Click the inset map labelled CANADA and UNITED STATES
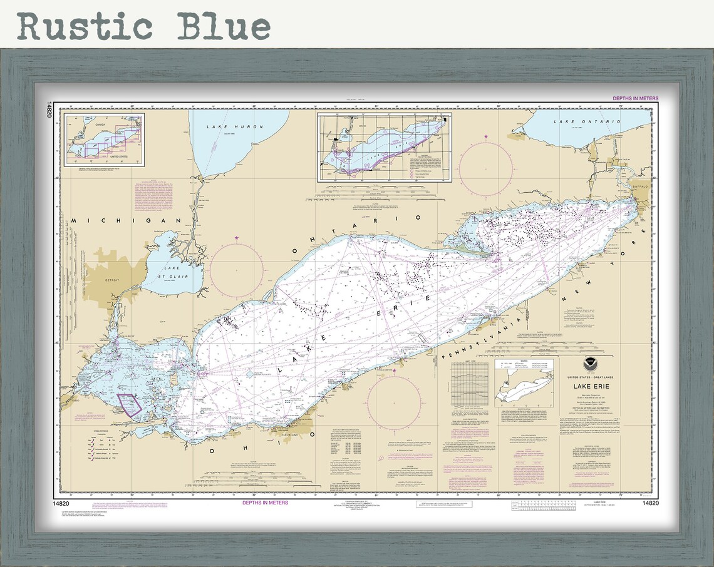[x=104, y=139]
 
